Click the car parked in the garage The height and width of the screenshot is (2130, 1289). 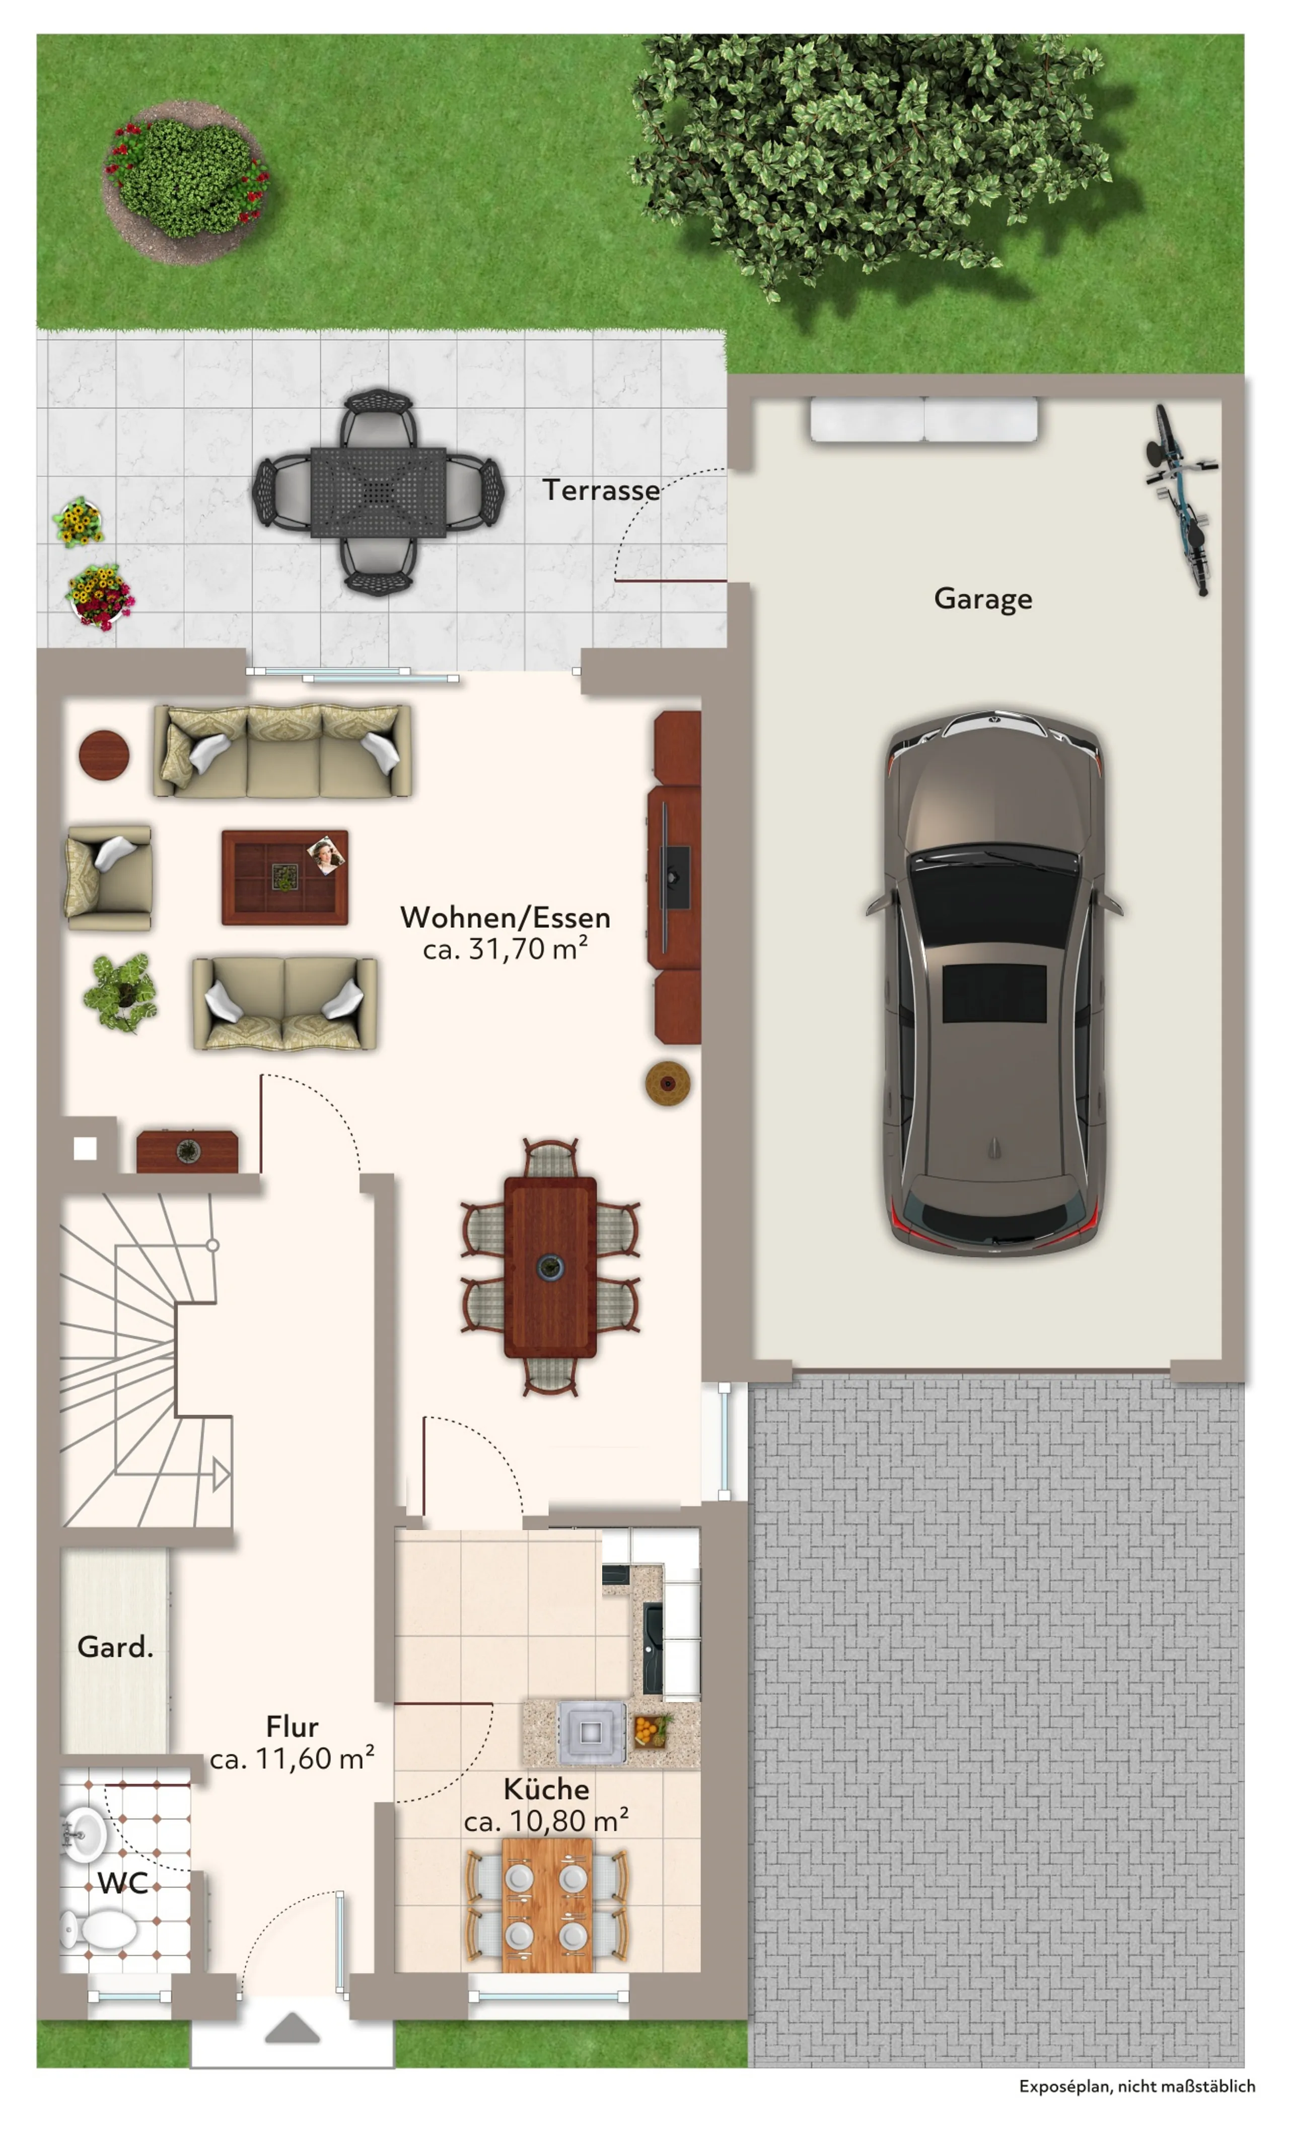994,982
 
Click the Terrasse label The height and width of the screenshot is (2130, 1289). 601,490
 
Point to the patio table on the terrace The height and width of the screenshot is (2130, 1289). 378,493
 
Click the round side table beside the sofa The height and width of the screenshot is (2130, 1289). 104,755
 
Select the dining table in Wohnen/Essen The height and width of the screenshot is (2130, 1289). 550,1267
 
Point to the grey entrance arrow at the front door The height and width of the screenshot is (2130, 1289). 292,2028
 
